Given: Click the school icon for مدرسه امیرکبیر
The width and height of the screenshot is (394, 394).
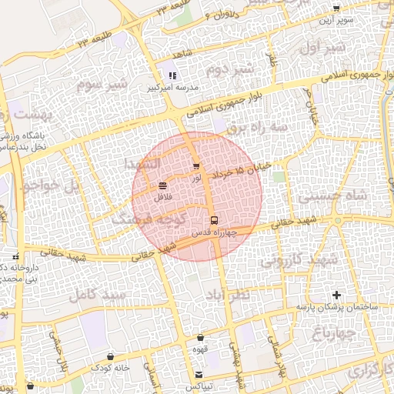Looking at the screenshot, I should tap(172, 76).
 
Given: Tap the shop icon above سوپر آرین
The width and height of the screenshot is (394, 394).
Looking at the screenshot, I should tap(336, 8).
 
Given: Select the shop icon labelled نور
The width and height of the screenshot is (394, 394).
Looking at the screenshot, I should tap(196, 166).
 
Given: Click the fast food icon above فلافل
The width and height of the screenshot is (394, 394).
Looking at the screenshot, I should tap(162, 186).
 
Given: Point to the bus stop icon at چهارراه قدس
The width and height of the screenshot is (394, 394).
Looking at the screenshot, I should tap(215, 219).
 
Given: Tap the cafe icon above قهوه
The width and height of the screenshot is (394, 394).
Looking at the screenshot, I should tap(201, 336).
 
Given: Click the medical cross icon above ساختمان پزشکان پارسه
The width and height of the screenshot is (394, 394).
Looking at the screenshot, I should tap(336, 295).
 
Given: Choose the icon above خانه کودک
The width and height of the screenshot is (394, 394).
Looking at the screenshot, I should tap(112, 356).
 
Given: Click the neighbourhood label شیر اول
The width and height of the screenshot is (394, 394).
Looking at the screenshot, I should tap(324, 48).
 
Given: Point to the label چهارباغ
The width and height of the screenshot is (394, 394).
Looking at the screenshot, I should tap(333, 332).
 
